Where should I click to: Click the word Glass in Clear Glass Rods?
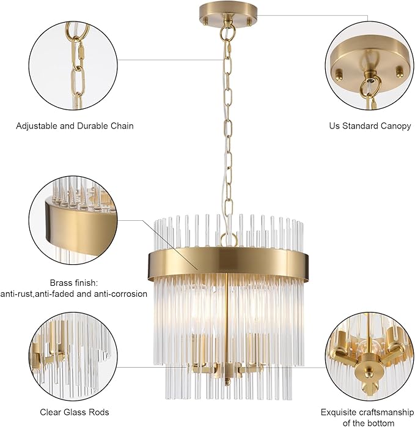[x=75, y=412]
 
